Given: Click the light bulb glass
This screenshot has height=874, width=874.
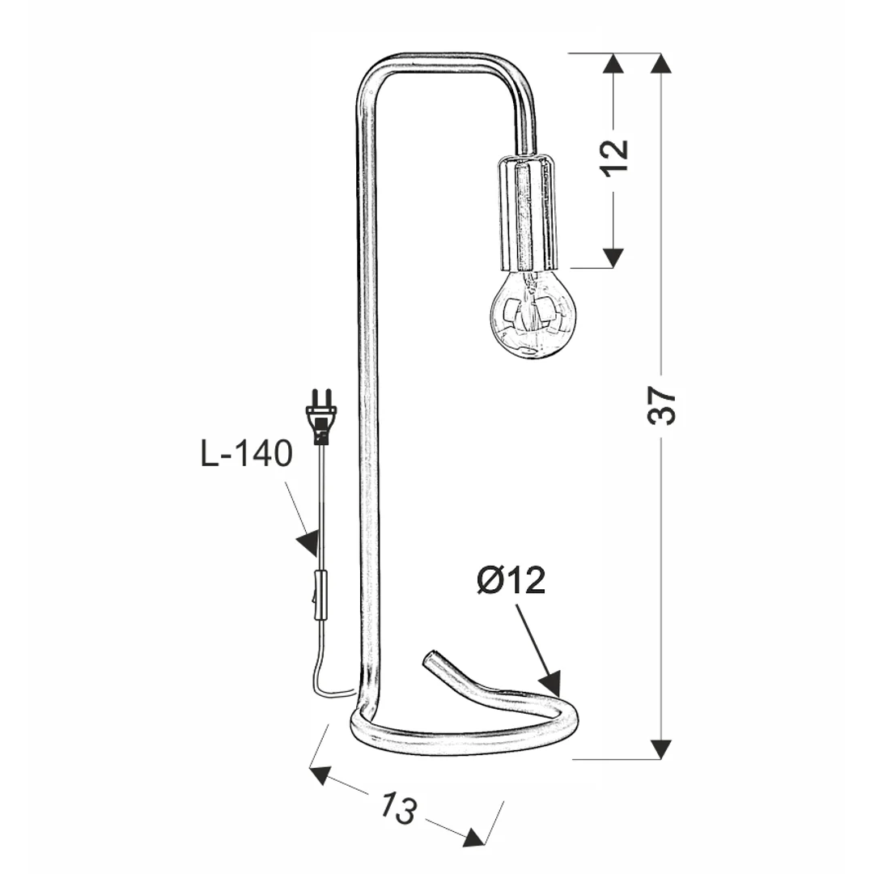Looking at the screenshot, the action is coord(532,314).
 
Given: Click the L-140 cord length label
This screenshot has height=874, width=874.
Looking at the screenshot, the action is coord(246,454).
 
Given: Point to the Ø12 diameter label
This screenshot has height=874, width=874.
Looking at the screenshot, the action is coord(511,581).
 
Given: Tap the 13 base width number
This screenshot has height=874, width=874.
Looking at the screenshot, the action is coord(398,807).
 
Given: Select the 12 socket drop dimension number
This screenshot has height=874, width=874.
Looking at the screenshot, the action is coord(615,157).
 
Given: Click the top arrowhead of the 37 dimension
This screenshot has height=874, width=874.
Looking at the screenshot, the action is coord(661,63).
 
